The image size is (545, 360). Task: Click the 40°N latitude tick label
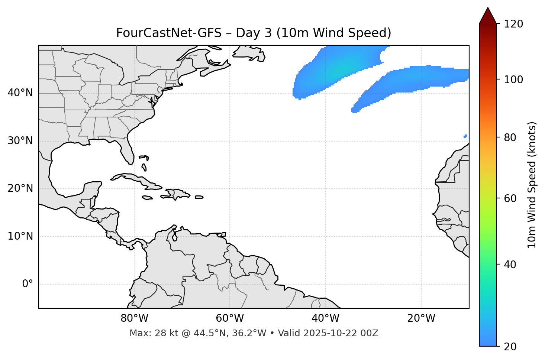20,93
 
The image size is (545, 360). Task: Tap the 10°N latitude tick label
20,236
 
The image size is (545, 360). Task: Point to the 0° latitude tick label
28,284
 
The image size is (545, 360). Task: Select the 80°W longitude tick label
134,318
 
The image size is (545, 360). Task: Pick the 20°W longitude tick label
421,318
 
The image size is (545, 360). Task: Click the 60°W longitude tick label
230,318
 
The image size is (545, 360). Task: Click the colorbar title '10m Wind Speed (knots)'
532,185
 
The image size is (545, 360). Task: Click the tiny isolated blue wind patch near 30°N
465,136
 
